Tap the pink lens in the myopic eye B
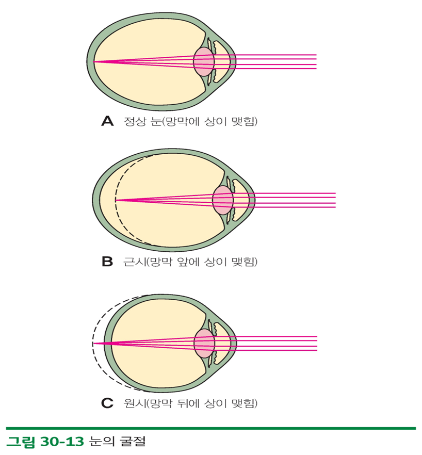[x=223, y=201]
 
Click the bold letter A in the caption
[x=107, y=122]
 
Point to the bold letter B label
[x=107, y=262]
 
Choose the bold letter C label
[x=107, y=403]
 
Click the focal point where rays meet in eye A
[x=93, y=62]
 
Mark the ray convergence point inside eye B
[x=116, y=200]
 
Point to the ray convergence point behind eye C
[x=93, y=343]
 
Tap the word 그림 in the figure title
[x=19, y=442]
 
